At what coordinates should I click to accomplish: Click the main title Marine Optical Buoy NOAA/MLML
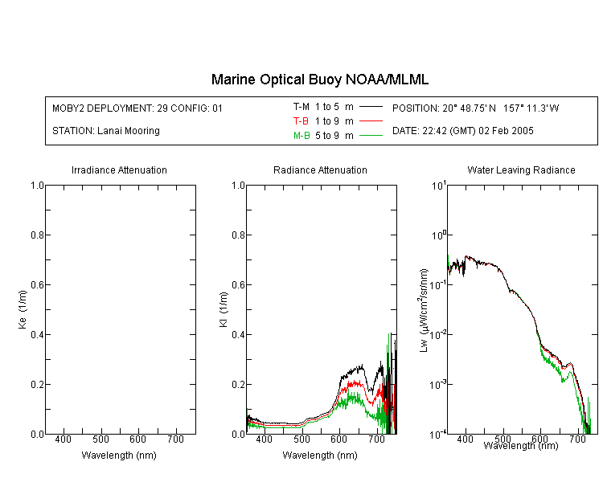pos(319,80)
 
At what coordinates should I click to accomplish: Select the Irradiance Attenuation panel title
pos(119,170)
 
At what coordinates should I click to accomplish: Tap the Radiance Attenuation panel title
pos(320,170)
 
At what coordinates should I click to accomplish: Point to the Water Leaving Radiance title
pos(521,170)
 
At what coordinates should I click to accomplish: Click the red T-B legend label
pos(301,121)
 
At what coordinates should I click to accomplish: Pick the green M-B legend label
pos(301,136)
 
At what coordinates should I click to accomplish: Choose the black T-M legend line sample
pos(371,107)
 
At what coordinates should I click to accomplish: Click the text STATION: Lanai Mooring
pos(106,131)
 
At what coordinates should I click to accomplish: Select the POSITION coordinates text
pos(475,108)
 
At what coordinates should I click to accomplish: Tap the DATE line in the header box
pos(462,131)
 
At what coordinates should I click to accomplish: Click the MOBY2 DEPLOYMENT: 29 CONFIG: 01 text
pos(137,108)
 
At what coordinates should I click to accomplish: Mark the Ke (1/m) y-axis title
pos(23,309)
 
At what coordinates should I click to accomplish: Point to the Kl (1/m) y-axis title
pos(224,309)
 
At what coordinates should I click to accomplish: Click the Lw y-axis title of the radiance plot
pos(424,310)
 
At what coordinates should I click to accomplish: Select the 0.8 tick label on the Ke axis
pos(37,235)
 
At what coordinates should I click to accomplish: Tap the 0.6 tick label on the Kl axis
pos(239,285)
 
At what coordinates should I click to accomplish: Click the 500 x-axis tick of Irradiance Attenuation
pos(100,439)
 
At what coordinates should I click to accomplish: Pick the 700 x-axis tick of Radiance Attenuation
pos(377,439)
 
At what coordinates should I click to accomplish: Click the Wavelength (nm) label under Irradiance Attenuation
pos(119,455)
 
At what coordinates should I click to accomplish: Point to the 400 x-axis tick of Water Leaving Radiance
pos(465,439)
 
